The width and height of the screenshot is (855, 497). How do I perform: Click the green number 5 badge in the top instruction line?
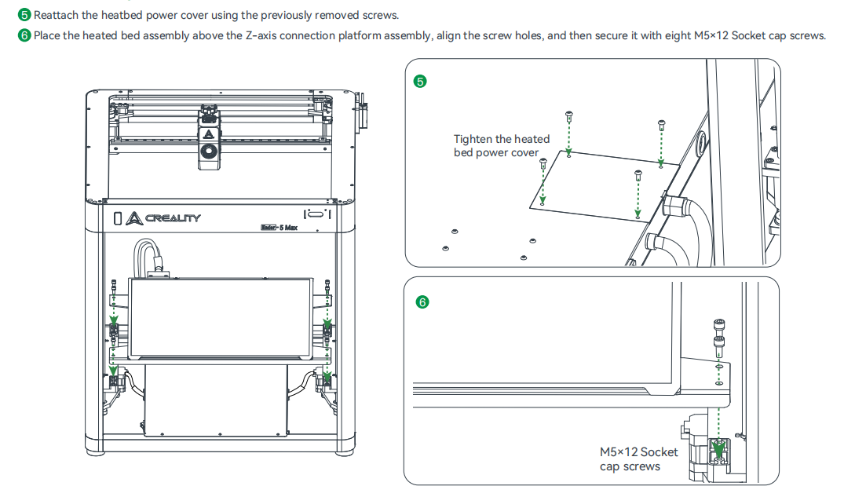pos(24,15)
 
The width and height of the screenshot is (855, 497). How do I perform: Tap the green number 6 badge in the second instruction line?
pos(24,36)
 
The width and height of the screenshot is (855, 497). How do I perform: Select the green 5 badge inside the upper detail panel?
pos(420,81)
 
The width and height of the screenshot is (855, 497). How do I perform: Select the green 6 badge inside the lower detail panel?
pos(422,301)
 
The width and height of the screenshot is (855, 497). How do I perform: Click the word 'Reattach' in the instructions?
pos(54,15)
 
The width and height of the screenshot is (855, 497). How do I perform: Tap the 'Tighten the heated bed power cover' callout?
pos(501,145)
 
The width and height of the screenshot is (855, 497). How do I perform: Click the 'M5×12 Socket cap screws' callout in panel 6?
pos(638,459)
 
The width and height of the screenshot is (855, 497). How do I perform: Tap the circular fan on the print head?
pos(208,152)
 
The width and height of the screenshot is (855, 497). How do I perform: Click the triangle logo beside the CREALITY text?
pos(133,217)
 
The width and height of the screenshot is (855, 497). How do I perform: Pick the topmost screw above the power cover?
pos(568,115)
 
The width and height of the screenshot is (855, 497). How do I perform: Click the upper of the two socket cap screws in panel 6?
pos(718,324)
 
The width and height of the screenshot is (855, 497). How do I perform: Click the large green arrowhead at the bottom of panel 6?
pos(718,449)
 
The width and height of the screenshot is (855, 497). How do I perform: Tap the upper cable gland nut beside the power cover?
pos(674,206)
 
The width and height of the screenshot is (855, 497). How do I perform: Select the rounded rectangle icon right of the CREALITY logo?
pos(316,214)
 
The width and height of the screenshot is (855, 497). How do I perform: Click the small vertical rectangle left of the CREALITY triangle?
pos(118,217)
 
